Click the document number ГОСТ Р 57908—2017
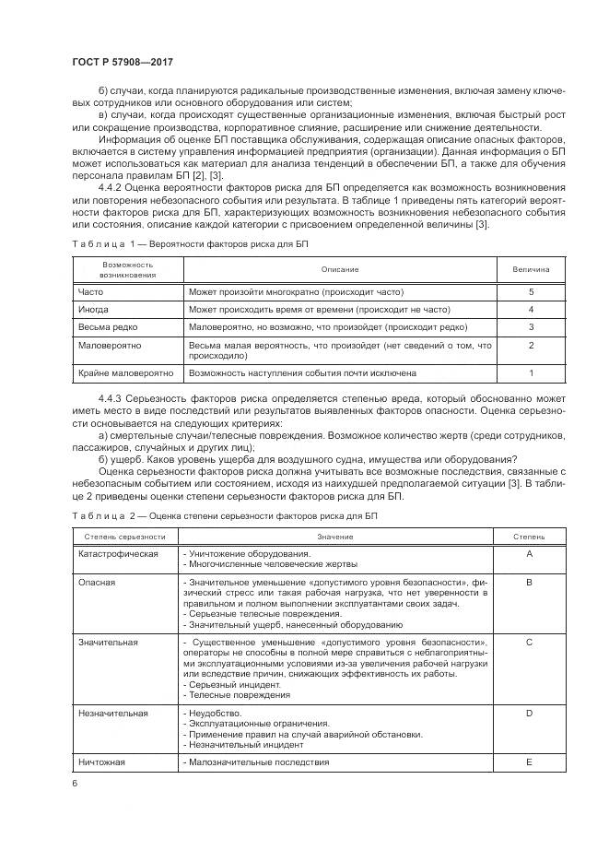[x=123, y=61]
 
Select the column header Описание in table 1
[x=340, y=269]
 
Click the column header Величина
[x=531, y=269]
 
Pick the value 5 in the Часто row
[x=531, y=291]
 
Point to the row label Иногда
[x=94, y=309]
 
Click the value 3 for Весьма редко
[x=531, y=326]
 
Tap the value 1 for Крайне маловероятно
[x=531, y=373]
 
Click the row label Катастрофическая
[x=118, y=553]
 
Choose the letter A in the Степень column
[x=529, y=553]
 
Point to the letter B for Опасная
[x=529, y=583]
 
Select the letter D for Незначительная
[x=529, y=714]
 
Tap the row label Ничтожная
[x=102, y=762]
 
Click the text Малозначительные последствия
[x=256, y=762]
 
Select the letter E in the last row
[x=529, y=762]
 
